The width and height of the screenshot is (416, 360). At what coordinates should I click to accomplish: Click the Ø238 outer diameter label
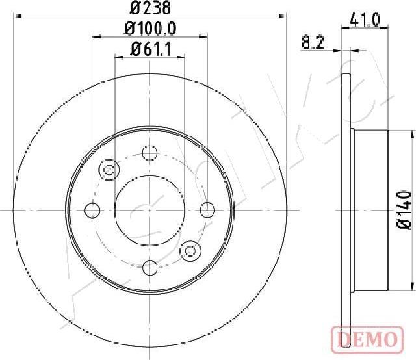pyautogui.click(x=150, y=9)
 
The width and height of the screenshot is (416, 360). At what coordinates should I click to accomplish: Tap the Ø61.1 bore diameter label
pyautogui.click(x=150, y=48)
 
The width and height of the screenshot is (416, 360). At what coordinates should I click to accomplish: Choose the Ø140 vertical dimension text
pyautogui.click(x=404, y=209)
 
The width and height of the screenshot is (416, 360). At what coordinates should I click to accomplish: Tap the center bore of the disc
pyautogui.click(x=150, y=209)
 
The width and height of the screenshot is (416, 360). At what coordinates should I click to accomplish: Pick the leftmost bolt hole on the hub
pyautogui.click(x=94, y=210)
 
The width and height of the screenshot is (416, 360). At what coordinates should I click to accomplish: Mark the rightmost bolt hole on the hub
pyautogui.click(x=207, y=210)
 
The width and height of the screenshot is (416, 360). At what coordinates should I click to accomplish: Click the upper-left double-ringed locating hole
pyautogui.click(x=109, y=170)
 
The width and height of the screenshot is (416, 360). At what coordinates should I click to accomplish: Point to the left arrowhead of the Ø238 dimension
pyautogui.click(x=18, y=18)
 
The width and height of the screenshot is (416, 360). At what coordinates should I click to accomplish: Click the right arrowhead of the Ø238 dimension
pyautogui.click(x=283, y=18)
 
